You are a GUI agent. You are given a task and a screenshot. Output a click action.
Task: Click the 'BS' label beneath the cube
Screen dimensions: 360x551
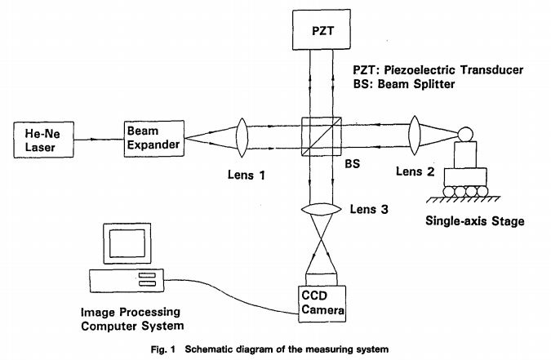pos(353,164)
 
